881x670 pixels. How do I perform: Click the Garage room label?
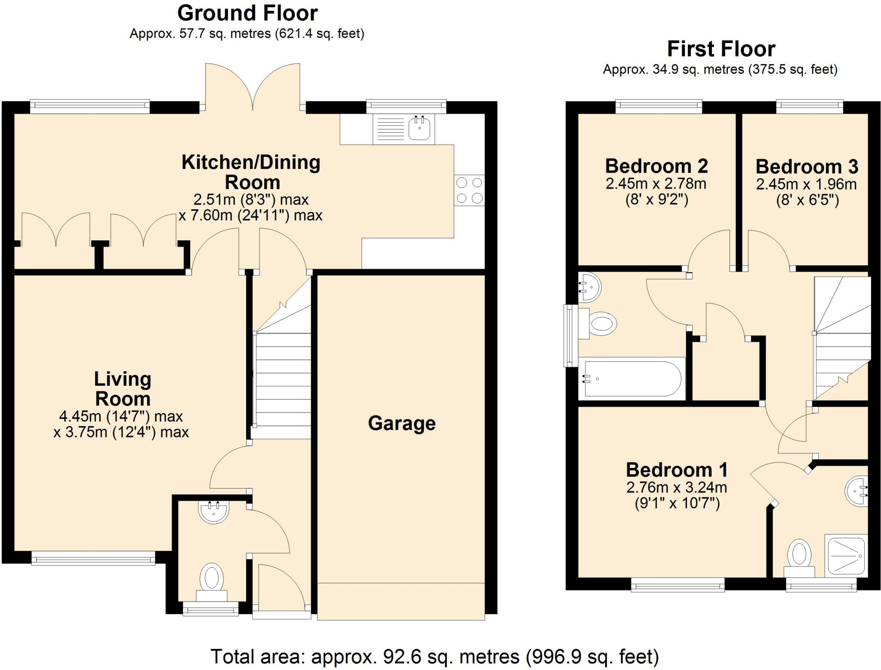(402, 423)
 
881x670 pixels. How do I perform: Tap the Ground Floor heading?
(247, 13)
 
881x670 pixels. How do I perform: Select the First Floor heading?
(721, 49)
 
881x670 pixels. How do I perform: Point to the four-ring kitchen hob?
(469, 190)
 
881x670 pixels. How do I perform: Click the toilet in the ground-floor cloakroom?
(212, 583)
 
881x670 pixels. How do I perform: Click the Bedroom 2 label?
(656, 166)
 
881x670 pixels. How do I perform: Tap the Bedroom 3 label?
(807, 166)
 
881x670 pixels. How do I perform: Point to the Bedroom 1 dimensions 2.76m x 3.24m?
(677, 487)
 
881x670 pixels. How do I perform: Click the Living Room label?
(123, 389)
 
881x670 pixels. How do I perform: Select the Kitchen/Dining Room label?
(251, 172)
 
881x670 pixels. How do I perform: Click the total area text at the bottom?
(434, 657)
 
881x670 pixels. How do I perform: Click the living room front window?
(93, 559)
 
